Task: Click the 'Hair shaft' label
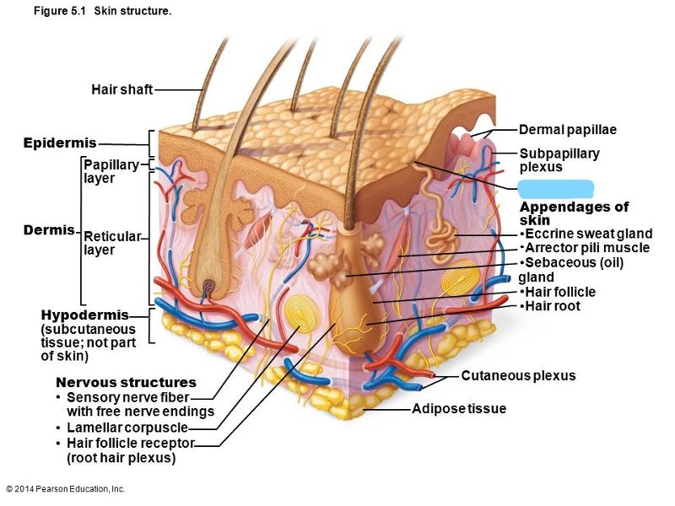[121, 89]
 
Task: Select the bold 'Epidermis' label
[60, 143]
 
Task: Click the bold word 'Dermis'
[48, 230]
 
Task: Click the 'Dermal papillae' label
[567, 130]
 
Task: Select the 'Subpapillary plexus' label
[559, 160]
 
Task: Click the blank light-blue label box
[556, 188]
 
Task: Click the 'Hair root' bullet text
[552, 305]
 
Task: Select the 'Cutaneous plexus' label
[518, 375]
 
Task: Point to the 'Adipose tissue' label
[459, 409]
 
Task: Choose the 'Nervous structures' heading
[126, 382]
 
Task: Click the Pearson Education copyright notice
[65, 489]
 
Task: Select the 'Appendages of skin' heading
[574, 213]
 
